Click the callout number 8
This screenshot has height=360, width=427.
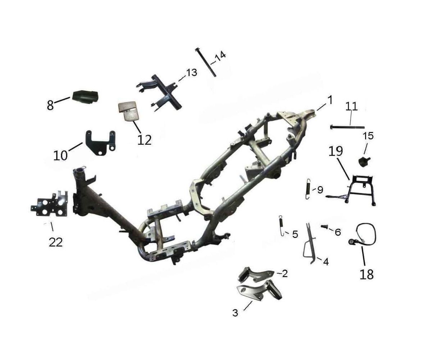(50, 105)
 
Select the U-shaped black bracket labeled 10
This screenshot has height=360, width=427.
(100, 143)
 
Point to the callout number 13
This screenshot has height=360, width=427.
(191, 73)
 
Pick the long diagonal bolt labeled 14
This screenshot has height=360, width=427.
(206, 62)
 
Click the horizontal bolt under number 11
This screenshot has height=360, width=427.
(347, 127)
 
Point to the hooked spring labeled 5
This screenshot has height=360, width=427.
(282, 226)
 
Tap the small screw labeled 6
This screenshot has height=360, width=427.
(324, 226)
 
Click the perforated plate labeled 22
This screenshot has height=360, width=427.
(50, 204)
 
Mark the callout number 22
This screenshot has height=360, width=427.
(56, 242)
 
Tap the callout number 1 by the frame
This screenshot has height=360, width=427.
(330, 100)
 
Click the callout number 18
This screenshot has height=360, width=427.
(367, 274)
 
